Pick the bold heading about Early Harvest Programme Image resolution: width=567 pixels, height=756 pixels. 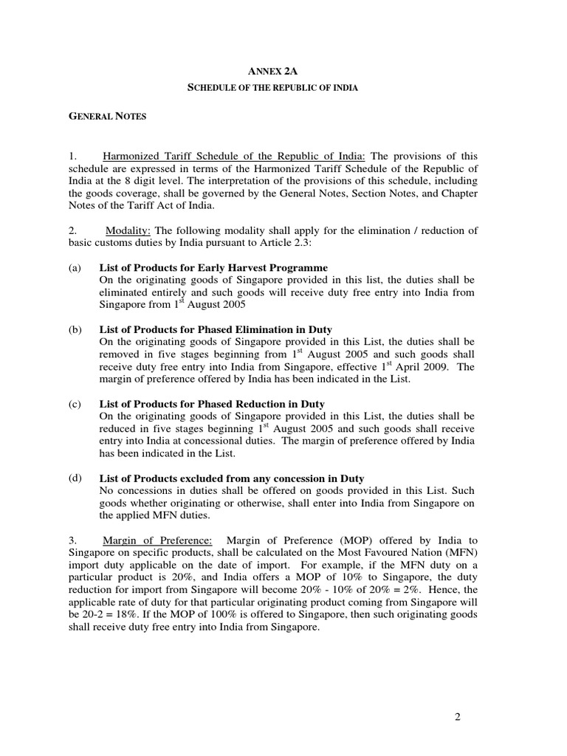point(213,267)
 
